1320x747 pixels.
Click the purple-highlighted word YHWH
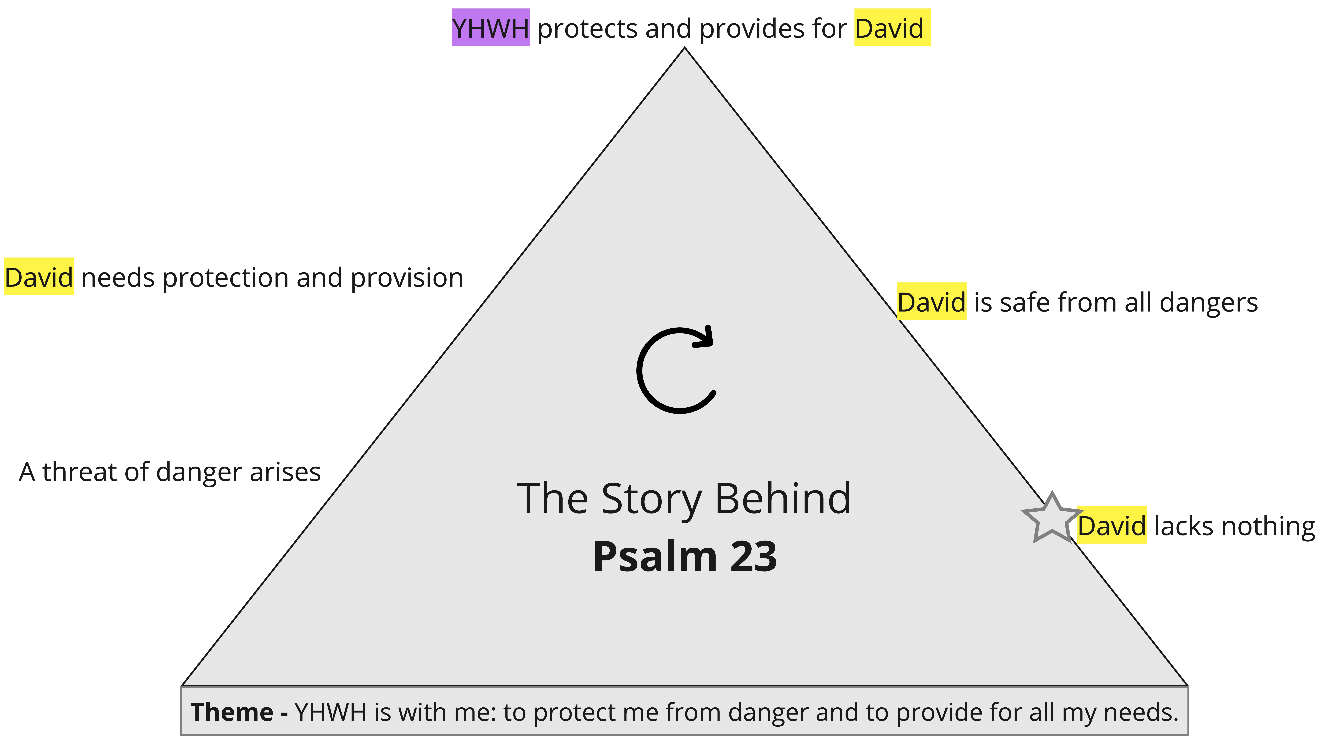(491, 28)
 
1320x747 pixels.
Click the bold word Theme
(232, 712)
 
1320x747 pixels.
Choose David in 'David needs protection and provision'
(39, 277)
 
